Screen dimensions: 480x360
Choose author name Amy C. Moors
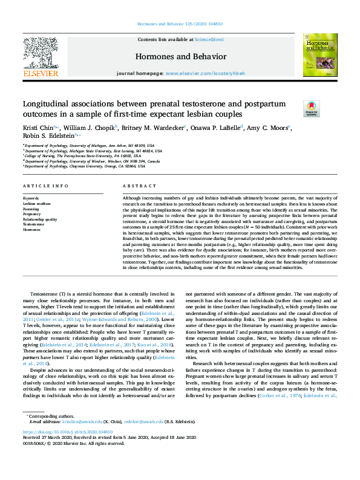(267, 128)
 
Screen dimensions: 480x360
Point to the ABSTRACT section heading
(135, 186)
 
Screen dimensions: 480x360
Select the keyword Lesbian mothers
(37, 203)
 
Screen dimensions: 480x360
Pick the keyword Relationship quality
(40, 219)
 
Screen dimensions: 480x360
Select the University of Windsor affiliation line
(92, 161)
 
